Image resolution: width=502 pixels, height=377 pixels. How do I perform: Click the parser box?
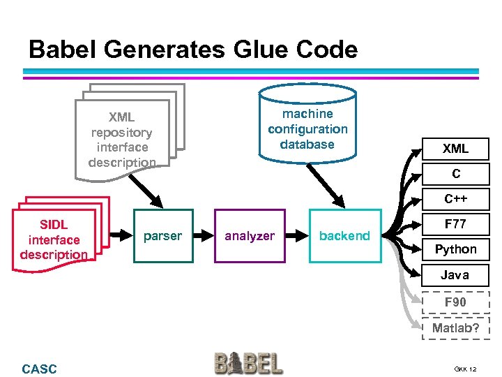pyautogui.click(x=163, y=236)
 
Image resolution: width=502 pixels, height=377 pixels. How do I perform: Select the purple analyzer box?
pyautogui.click(x=250, y=236)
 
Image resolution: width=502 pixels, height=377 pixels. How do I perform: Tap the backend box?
pyautogui.click(x=345, y=236)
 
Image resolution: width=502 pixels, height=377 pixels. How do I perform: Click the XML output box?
pyautogui.click(x=455, y=149)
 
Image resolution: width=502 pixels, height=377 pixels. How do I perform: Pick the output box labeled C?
pyautogui.click(x=455, y=174)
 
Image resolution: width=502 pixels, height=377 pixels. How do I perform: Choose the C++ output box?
pyautogui.click(x=455, y=199)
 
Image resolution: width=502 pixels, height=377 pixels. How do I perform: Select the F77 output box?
pyautogui.click(x=455, y=224)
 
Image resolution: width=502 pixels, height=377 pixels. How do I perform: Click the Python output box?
pyautogui.click(x=455, y=249)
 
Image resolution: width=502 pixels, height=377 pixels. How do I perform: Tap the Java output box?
pyautogui.click(x=455, y=275)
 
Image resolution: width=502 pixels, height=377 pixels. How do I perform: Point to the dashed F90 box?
pyautogui.click(x=455, y=302)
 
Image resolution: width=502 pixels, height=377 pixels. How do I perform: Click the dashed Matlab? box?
pyautogui.click(x=455, y=328)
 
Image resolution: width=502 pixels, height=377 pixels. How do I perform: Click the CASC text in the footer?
pyautogui.click(x=40, y=369)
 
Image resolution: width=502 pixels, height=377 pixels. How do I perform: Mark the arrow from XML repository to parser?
pyautogui.click(x=146, y=186)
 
